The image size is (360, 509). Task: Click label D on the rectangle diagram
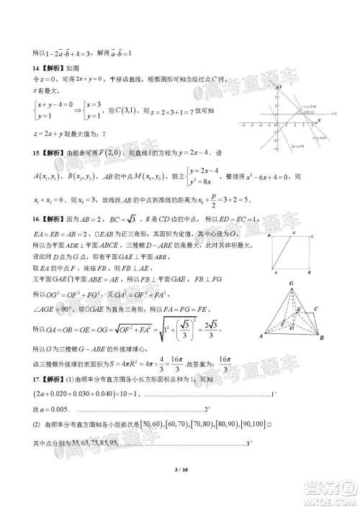[268, 235]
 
